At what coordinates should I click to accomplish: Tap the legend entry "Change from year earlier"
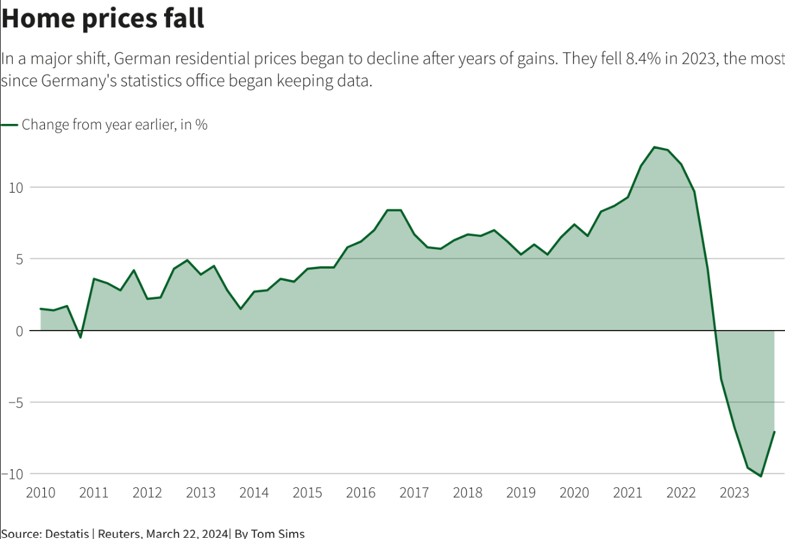(x=114, y=125)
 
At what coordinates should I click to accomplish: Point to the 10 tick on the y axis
(x=16, y=187)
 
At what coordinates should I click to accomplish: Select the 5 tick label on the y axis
(x=19, y=259)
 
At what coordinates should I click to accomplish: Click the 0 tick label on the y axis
(x=19, y=331)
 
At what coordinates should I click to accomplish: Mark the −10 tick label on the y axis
(x=13, y=474)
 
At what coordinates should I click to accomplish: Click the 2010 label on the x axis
(x=41, y=493)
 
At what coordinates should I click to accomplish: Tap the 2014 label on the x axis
(x=254, y=493)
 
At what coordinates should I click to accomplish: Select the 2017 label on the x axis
(x=414, y=493)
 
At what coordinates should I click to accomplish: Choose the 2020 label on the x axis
(x=574, y=493)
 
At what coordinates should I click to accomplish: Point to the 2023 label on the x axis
(x=734, y=493)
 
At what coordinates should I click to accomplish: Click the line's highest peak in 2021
(x=654, y=147)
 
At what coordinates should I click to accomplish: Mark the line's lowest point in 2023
(x=761, y=476)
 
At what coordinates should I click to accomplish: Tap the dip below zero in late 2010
(x=80, y=337)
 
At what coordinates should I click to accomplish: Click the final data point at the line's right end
(x=774, y=432)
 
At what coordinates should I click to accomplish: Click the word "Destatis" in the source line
(x=67, y=534)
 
